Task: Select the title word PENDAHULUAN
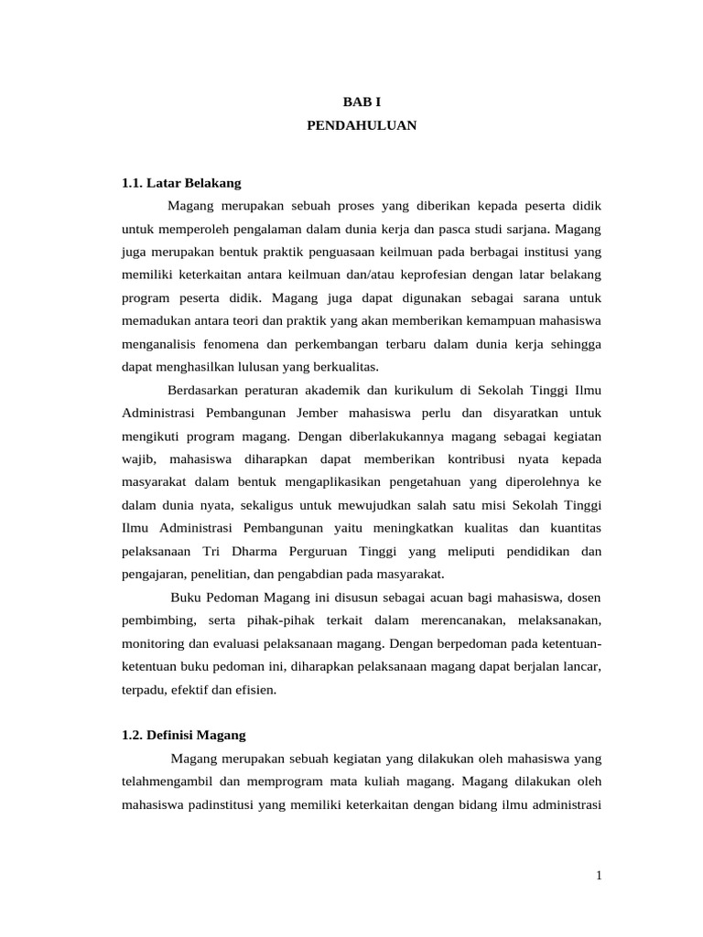pos(362,125)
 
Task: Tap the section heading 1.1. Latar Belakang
pos(181,182)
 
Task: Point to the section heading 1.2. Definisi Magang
pos(184,735)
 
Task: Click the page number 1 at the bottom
pos(599,876)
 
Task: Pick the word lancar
pos(580,666)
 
